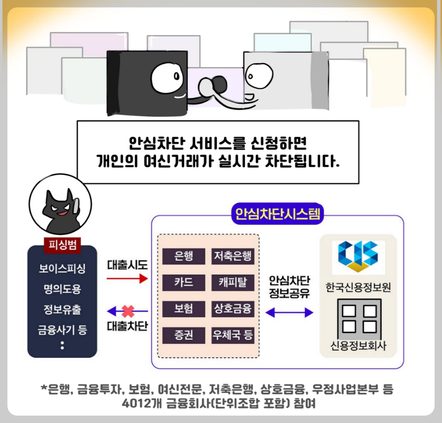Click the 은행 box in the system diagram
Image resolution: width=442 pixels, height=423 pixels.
pyautogui.click(x=184, y=256)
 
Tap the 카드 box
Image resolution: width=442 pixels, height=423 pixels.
pyautogui.click(x=184, y=283)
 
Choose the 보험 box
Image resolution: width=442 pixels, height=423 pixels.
pyautogui.click(x=184, y=309)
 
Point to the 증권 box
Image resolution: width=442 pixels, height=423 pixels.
pyautogui.click(x=184, y=336)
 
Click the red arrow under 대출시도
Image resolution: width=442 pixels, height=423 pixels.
pyautogui.click(x=127, y=279)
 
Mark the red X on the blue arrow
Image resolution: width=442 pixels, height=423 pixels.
pyautogui.click(x=128, y=311)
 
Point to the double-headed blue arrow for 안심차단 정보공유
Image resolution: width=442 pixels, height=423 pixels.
pyautogui.click(x=289, y=312)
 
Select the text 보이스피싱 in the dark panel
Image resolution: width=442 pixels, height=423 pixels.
pyautogui.click(x=62, y=269)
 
